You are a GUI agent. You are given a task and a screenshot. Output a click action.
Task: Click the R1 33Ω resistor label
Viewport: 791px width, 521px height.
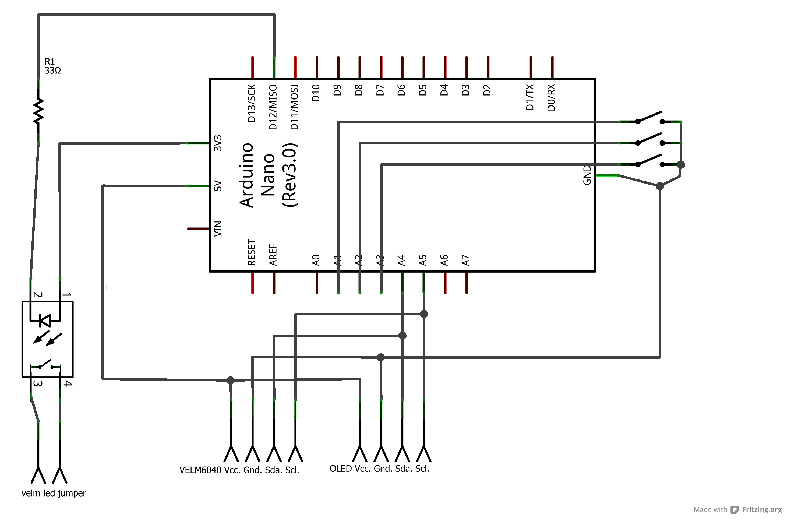pyautogui.click(x=52, y=66)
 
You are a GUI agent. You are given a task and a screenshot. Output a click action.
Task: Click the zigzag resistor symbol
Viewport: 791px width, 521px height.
pyautogui.click(x=38, y=110)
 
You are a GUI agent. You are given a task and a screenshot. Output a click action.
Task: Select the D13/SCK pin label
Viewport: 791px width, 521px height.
pyautogui.click(x=252, y=103)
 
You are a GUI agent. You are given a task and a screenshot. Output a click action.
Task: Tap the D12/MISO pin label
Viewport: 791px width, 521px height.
pyautogui.click(x=273, y=107)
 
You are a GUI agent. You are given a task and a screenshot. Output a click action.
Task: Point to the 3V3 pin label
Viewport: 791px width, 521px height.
pyautogui.click(x=218, y=143)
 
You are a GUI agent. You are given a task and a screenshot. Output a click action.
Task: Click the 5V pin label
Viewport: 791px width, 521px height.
pyautogui.click(x=218, y=185)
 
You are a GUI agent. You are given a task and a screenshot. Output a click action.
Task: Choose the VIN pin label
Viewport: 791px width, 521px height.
pyautogui.click(x=218, y=228)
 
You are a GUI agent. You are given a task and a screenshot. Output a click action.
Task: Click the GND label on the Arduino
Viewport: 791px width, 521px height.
pyautogui.click(x=587, y=175)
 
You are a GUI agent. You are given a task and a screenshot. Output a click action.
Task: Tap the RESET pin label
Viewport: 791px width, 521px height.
pyautogui.click(x=252, y=252)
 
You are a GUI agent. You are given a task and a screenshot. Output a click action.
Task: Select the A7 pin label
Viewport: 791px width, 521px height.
pyautogui.click(x=466, y=260)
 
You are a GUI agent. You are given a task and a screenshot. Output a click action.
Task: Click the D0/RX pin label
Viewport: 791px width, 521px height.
pyautogui.click(x=551, y=97)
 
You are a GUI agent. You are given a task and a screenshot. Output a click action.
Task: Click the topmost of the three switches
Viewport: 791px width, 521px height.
pyautogui.click(x=650, y=117)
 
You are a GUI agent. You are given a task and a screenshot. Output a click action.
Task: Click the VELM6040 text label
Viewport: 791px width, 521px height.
pyautogui.click(x=200, y=470)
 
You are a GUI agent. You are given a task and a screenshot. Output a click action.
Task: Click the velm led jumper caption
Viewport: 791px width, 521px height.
pyautogui.click(x=54, y=493)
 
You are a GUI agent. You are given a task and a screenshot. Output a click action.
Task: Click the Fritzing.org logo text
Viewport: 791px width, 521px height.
pyautogui.click(x=761, y=509)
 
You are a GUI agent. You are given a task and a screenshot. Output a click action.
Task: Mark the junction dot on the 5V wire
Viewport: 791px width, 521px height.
pyautogui.click(x=230, y=380)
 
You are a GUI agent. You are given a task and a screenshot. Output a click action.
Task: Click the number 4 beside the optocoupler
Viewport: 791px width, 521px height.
pyautogui.click(x=68, y=383)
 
